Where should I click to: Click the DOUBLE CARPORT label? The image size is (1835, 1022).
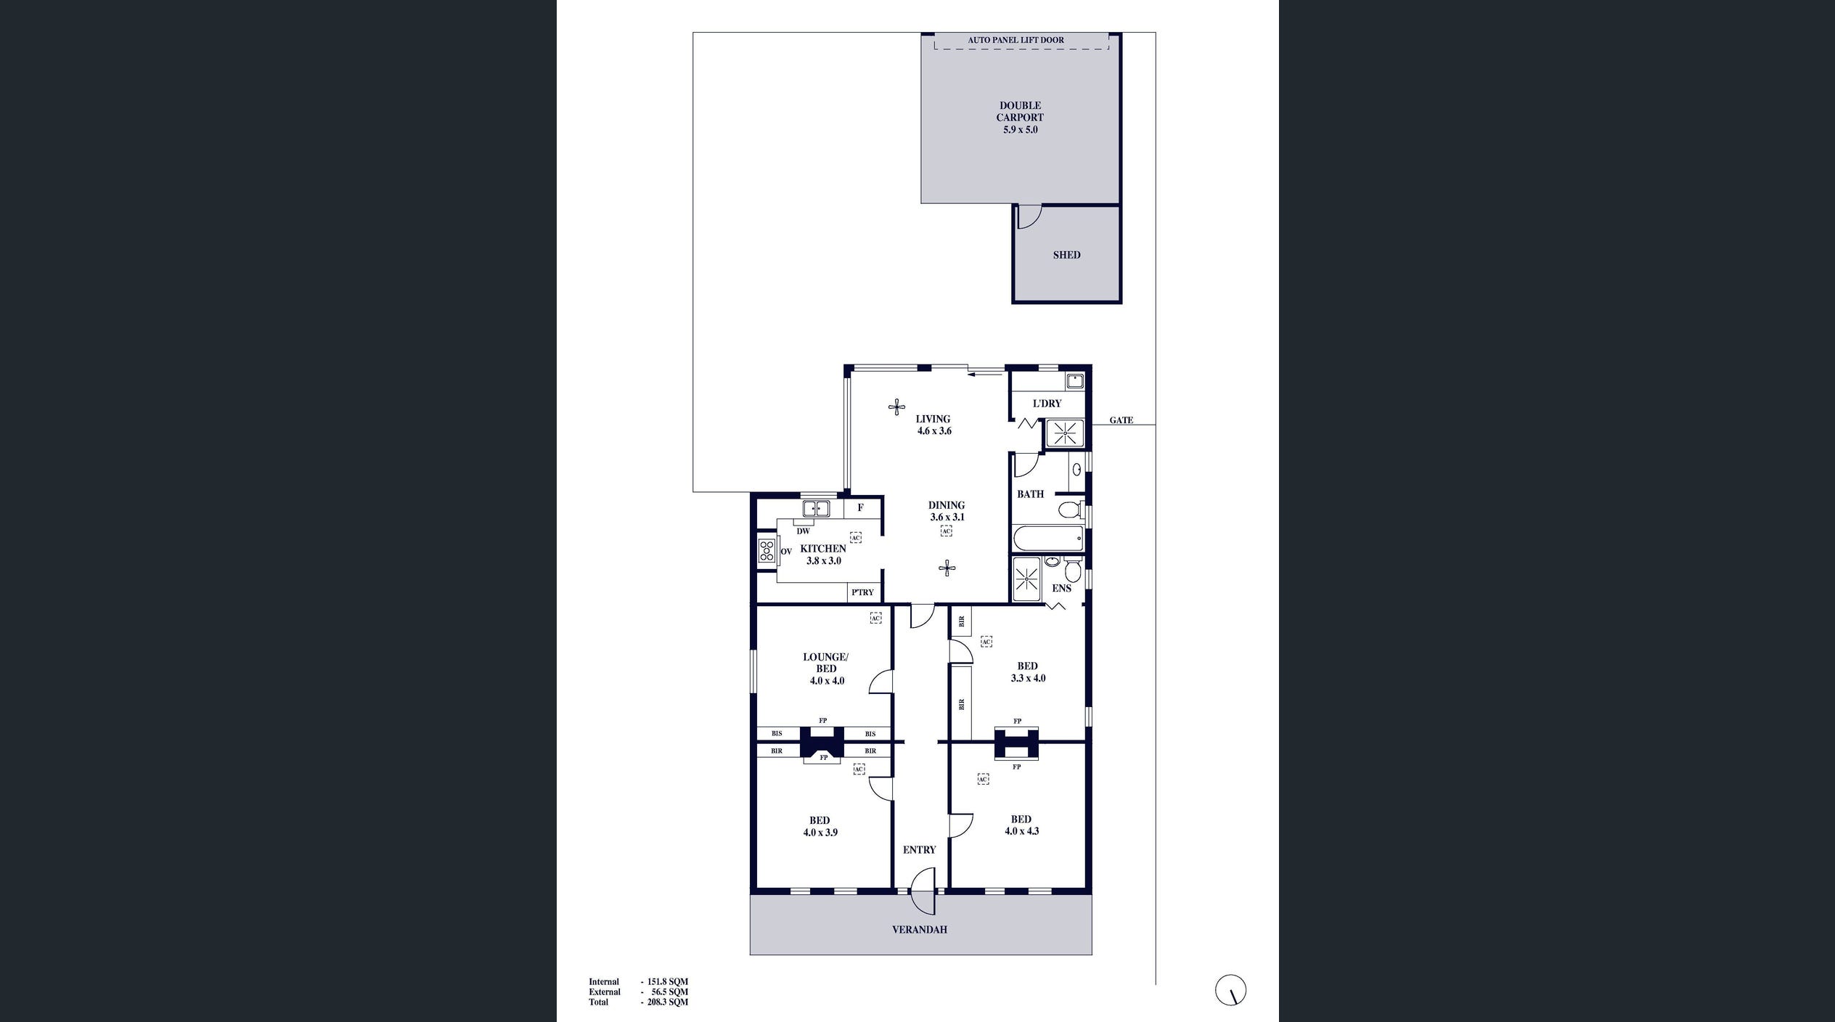1020,111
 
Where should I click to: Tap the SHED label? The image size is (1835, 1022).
1066,255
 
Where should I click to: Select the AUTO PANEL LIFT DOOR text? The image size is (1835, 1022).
1015,40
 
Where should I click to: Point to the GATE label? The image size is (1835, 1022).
1121,420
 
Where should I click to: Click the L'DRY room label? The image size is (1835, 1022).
1047,404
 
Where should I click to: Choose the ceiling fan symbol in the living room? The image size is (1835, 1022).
896,406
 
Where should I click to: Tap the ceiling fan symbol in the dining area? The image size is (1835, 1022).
947,568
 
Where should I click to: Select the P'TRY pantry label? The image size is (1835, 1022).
862,592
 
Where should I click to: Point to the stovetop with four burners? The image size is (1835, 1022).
767,552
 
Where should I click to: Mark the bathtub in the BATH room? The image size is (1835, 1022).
1047,539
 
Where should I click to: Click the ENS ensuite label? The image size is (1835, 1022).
1061,589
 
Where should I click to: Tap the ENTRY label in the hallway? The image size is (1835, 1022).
919,850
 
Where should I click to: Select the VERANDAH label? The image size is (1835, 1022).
919,930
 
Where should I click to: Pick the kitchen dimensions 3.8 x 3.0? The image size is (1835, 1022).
824,561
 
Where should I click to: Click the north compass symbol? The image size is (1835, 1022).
1230,990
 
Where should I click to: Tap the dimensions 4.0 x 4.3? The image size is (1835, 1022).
1021,831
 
